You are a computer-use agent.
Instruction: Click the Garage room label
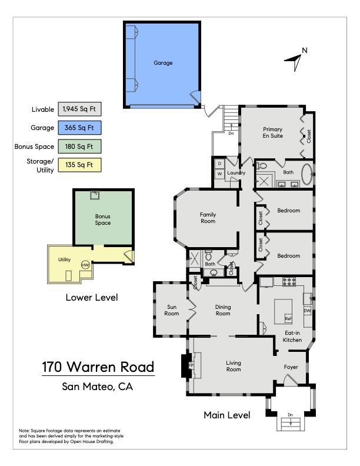tap(163, 63)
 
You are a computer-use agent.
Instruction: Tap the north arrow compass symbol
tap(295, 61)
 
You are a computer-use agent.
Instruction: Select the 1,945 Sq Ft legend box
tap(79, 109)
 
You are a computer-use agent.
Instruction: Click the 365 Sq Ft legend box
tap(79, 128)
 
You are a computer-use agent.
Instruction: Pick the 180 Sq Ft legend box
tap(79, 147)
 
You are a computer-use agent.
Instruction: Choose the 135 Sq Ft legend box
tap(79, 165)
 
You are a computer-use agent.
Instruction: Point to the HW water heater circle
tap(85, 265)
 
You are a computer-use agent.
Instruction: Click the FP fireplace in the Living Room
tap(191, 365)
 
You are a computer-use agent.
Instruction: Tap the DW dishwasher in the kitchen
tap(307, 311)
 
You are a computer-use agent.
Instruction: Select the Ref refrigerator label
tap(288, 318)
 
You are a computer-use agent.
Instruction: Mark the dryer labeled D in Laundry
tap(220, 164)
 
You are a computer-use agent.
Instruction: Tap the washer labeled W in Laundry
tap(220, 174)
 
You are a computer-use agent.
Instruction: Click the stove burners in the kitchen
tap(289, 282)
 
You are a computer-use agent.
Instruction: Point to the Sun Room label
tap(172, 310)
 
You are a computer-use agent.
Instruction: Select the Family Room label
tap(208, 218)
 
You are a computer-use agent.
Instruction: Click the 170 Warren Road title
tap(98, 367)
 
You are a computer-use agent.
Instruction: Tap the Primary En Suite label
tap(273, 132)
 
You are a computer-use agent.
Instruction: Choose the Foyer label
tap(291, 367)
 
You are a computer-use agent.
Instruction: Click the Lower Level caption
tap(92, 298)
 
